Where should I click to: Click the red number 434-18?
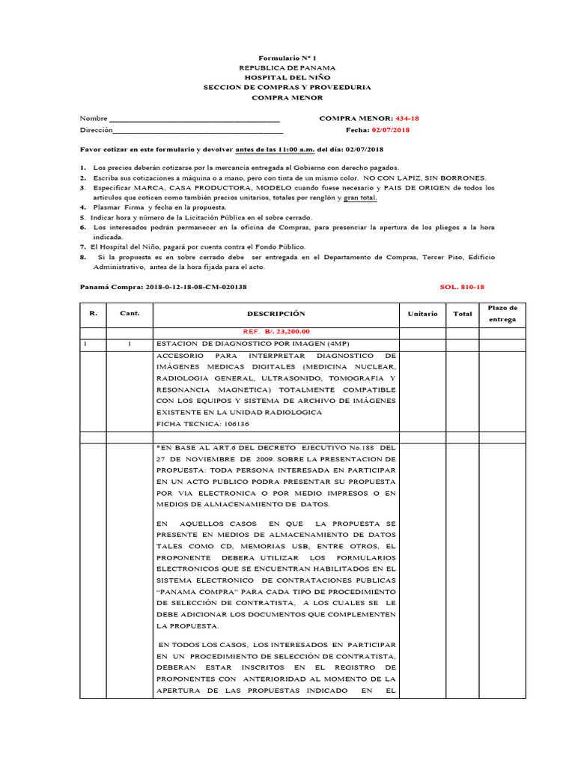pyautogui.click(x=407, y=118)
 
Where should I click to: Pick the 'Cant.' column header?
pyautogui.click(x=130, y=313)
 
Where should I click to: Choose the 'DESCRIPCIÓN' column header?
pyautogui.click(x=276, y=314)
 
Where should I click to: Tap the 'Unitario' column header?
pyautogui.click(x=422, y=314)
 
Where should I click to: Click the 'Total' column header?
pyautogui.click(x=463, y=314)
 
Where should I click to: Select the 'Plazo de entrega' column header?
pyautogui.click(x=502, y=314)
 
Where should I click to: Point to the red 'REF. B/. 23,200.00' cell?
pyautogui.click(x=276, y=331)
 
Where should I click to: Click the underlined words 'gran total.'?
pyautogui.click(x=360, y=197)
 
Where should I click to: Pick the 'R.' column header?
pyautogui.click(x=93, y=313)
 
